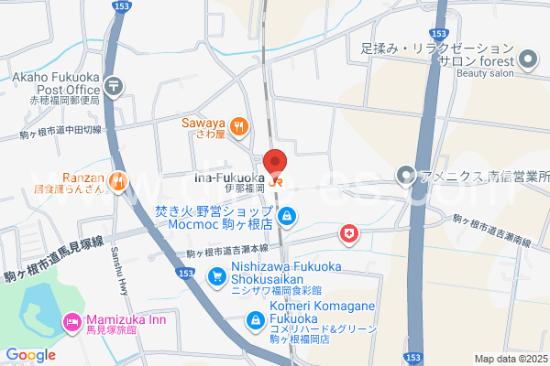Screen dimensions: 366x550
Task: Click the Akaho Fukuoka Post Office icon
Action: point(113,86)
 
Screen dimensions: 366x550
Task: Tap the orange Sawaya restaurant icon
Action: point(238,127)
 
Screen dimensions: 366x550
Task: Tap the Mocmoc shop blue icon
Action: point(288,217)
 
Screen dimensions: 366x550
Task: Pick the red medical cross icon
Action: point(348,235)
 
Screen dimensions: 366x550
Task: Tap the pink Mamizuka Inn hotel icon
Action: point(70,321)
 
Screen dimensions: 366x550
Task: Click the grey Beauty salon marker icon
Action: point(528,61)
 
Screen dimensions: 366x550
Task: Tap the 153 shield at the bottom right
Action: point(416,356)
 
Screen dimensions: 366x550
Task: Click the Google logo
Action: point(30,354)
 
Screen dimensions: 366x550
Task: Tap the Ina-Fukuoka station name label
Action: point(229,176)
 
